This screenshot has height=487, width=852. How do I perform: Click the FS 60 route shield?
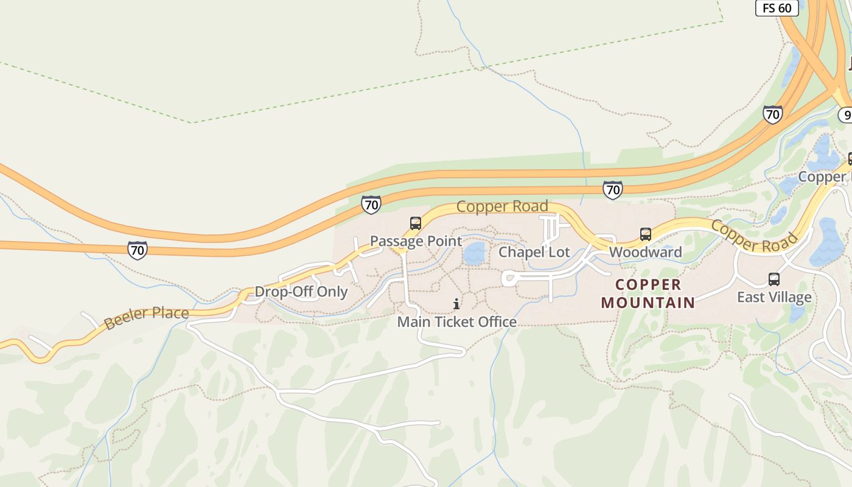777,7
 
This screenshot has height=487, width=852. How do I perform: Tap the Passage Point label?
416,241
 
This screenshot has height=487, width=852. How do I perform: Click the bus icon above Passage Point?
416,223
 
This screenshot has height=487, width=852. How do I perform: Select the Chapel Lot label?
534,252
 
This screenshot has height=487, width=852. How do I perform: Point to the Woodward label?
645,252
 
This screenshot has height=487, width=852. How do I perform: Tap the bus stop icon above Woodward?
645,234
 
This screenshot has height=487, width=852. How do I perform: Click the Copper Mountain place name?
648,293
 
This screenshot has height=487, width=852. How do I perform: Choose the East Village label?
774,297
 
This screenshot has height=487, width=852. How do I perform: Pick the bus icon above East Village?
773,279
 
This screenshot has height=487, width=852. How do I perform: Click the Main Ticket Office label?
457,321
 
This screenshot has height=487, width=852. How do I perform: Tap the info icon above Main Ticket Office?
456,304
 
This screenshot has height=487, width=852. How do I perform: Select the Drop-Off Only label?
301,292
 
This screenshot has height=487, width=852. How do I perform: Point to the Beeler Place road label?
146,317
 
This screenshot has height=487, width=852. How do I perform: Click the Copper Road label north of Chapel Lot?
502,207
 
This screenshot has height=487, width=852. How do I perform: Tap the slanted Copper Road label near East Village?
753,237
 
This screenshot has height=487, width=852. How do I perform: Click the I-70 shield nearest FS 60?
772,114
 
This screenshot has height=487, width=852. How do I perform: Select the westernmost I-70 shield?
138,250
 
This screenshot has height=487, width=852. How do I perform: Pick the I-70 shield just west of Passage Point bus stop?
371,204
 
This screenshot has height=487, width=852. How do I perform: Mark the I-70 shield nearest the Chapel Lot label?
613,190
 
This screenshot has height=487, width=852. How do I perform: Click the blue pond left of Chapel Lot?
475,253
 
